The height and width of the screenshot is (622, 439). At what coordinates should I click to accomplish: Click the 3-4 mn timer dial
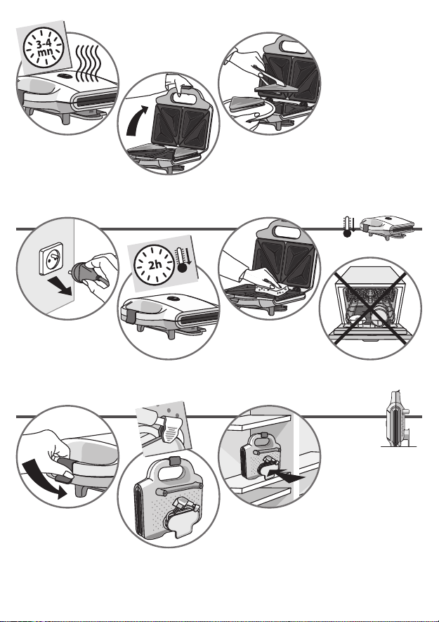pos(44,47)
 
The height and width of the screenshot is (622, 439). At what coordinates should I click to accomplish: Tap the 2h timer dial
pos(155,264)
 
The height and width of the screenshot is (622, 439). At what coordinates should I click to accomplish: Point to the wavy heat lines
pos(87,63)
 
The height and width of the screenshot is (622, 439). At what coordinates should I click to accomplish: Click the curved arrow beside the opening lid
pos(136,121)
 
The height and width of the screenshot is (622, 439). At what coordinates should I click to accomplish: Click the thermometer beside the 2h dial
pos(183,260)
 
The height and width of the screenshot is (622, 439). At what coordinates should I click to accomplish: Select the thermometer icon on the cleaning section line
pos(348,227)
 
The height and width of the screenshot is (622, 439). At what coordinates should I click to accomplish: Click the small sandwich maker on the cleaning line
pos(388,227)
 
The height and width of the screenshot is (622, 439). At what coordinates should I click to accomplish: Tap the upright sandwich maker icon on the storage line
pos(398,419)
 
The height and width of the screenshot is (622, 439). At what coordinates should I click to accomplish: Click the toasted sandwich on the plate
pos(247,103)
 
